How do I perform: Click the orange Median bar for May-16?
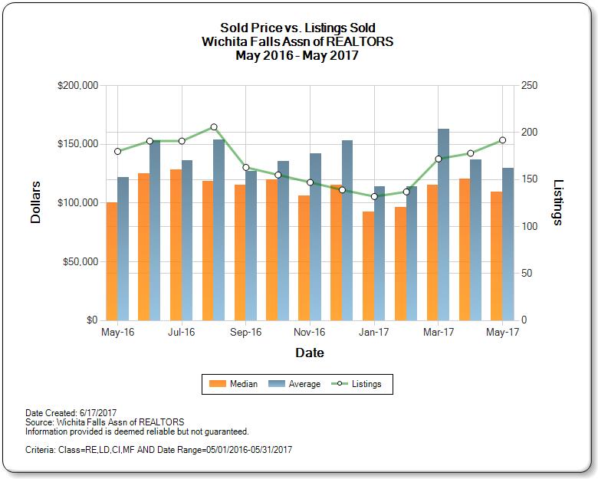pos(112,261)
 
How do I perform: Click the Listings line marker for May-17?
pos(503,140)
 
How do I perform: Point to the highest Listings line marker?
pos(214,127)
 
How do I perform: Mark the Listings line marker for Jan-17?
pos(374,196)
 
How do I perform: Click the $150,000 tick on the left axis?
pos(77,144)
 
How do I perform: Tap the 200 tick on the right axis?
pos(530,133)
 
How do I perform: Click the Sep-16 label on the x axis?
pos(245,333)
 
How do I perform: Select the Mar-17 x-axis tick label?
pos(439,333)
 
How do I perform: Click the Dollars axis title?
pos(35,202)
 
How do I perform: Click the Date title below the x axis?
pos(310,353)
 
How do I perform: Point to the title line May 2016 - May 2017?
pos(297,55)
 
